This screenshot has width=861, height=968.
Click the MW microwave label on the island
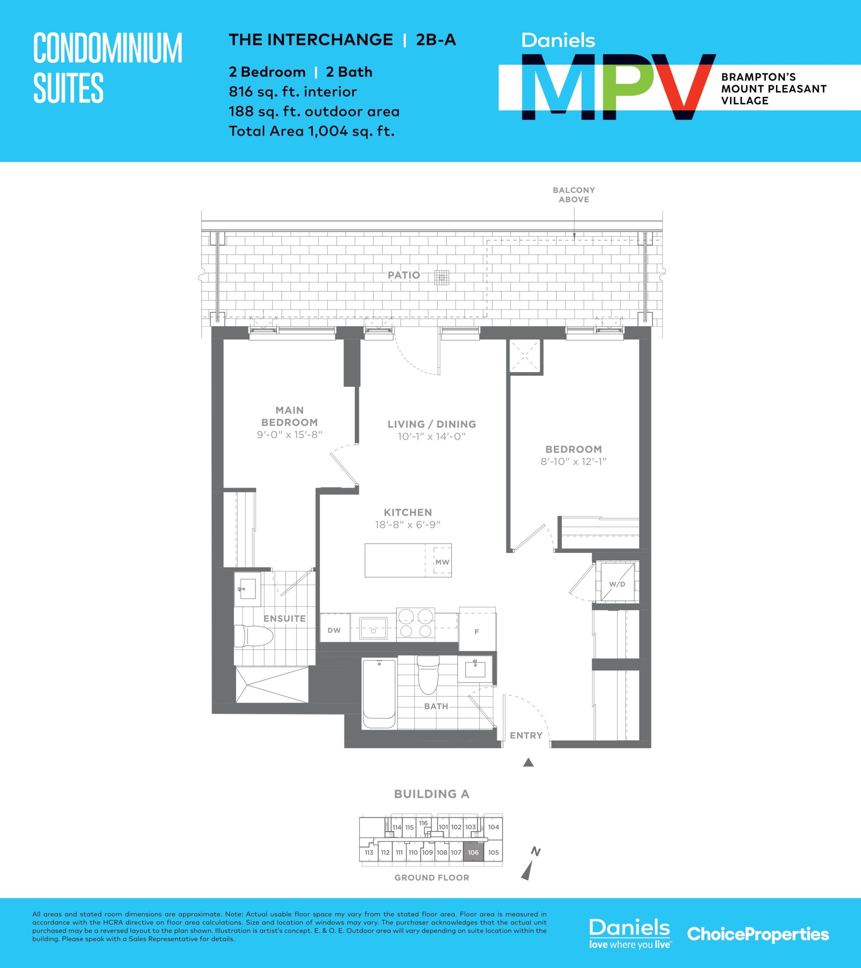tap(442, 562)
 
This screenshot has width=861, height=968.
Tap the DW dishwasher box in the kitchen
tap(334, 630)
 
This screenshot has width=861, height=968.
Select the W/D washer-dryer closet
tap(617, 584)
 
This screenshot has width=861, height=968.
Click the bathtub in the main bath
tap(379, 694)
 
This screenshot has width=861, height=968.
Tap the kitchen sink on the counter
tap(374, 628)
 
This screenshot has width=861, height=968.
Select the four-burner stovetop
tap(416, 623)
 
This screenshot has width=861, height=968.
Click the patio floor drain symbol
tap(441, 277)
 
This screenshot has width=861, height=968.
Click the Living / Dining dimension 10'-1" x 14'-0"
tap(432, 436)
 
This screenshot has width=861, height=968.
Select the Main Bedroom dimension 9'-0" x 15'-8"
tap(289, 434)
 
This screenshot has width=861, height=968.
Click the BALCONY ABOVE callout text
tap(574, 195)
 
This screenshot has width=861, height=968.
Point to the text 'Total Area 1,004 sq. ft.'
tap(312, 131)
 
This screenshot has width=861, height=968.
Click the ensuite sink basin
tap(247, 589)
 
